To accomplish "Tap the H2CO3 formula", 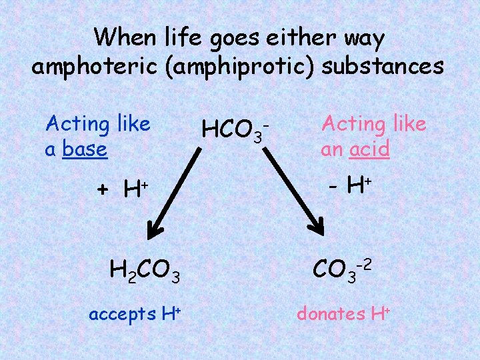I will click(145, 271).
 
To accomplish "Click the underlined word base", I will click(85, 149).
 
